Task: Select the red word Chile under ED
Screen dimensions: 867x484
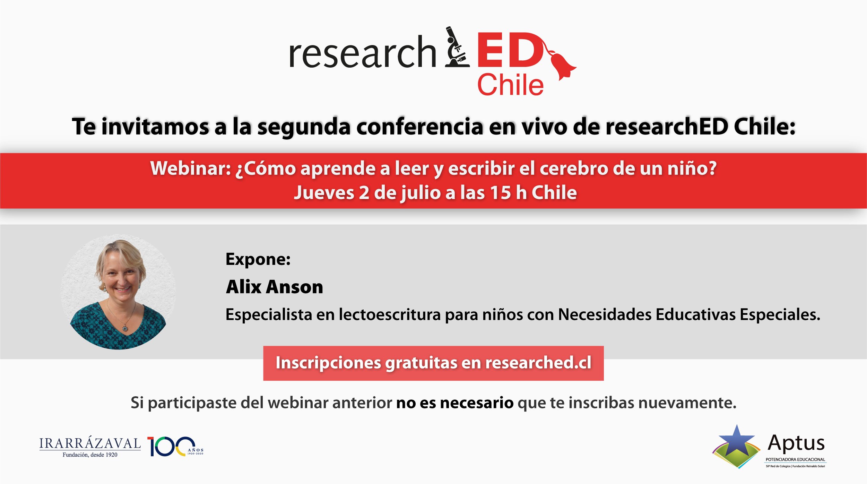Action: (x=510, y=85)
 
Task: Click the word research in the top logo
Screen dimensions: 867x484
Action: (x=362, y=52)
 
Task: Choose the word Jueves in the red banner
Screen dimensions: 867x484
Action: (x=324, y=193)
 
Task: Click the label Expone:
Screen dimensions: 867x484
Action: (x=258, y=259)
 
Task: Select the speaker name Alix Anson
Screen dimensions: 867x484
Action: (x=274, y=287)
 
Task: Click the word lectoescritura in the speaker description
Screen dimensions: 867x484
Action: (x=390, y=314)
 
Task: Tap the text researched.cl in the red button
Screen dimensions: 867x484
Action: (x=538, y=363)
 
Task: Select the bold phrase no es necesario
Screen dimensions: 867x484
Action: (x=455, y=403)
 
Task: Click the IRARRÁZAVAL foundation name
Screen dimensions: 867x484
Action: (x=90, y=443)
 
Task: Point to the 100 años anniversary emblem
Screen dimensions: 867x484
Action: (x=175, y=447)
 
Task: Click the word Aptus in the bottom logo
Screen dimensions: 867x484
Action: (x=796, y=443)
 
